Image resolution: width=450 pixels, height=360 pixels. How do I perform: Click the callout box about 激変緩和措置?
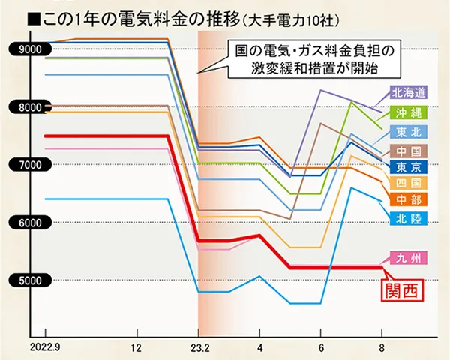click(x=313, y=58)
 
